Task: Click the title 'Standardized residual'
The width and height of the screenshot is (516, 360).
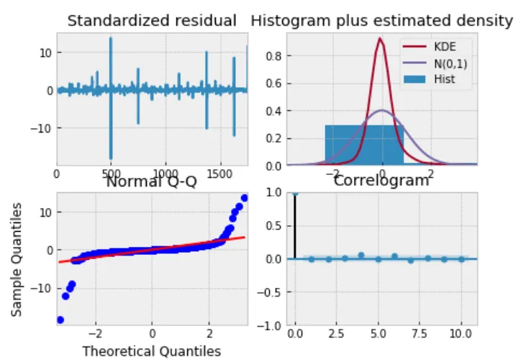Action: pyautogui.click(x=152, y=20)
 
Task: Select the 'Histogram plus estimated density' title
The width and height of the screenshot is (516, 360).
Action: pyautogui.click(x=381, y=20)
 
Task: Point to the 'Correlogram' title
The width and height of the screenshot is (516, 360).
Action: pyautogui.click(x=381, y=181)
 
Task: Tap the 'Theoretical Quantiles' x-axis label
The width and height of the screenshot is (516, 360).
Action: pyautogui.click(x=152, y=351)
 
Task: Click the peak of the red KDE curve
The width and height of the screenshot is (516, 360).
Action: pyautogui.click(x=381, y=38)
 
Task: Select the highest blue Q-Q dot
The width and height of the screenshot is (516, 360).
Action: pyautogui.click(x=244, y=197)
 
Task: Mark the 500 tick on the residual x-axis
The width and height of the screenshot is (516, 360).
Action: pyautogui.click(x=111, y=174)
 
